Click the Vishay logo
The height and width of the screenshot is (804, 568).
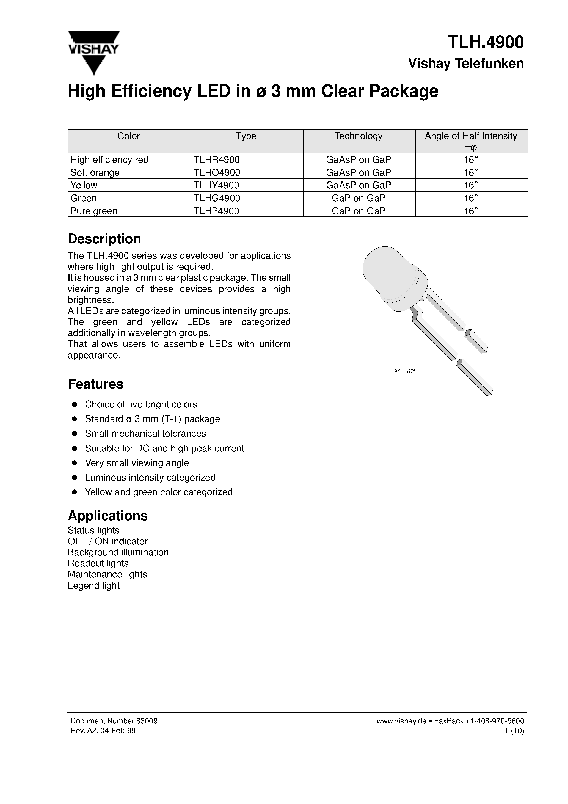93,52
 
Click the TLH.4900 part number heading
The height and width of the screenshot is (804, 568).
486,42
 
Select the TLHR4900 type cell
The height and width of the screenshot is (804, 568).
216,160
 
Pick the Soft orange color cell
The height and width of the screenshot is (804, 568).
95,173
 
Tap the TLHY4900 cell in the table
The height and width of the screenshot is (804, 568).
216,185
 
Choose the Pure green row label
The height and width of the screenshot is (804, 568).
94,211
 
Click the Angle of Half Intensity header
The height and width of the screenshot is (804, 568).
471,136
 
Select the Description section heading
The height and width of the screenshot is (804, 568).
104,239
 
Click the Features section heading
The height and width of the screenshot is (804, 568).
95,384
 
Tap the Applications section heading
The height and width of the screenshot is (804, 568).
107,516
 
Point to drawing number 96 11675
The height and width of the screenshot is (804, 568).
405,371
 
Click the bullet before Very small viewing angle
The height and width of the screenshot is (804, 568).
74,463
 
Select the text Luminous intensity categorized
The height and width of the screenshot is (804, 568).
150,478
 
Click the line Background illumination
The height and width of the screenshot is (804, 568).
118,552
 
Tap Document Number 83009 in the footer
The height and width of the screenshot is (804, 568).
114,721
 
